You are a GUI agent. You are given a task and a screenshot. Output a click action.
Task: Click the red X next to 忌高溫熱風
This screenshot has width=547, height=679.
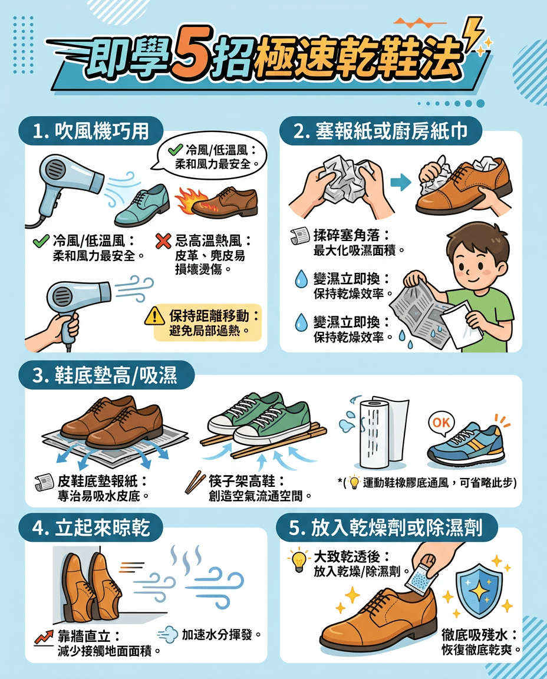click(x=163, y=241)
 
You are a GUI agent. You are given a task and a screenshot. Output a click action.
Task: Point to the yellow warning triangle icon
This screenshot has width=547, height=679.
click(x=154, y=317)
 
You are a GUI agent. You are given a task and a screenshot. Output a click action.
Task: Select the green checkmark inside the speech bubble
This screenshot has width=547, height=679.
click(x=174, y=150)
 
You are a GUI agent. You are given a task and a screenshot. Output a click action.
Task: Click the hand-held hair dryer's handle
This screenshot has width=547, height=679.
click(x=70, y=327)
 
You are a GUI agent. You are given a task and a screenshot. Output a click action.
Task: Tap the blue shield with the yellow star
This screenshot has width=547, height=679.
click(x=480, y=590)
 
